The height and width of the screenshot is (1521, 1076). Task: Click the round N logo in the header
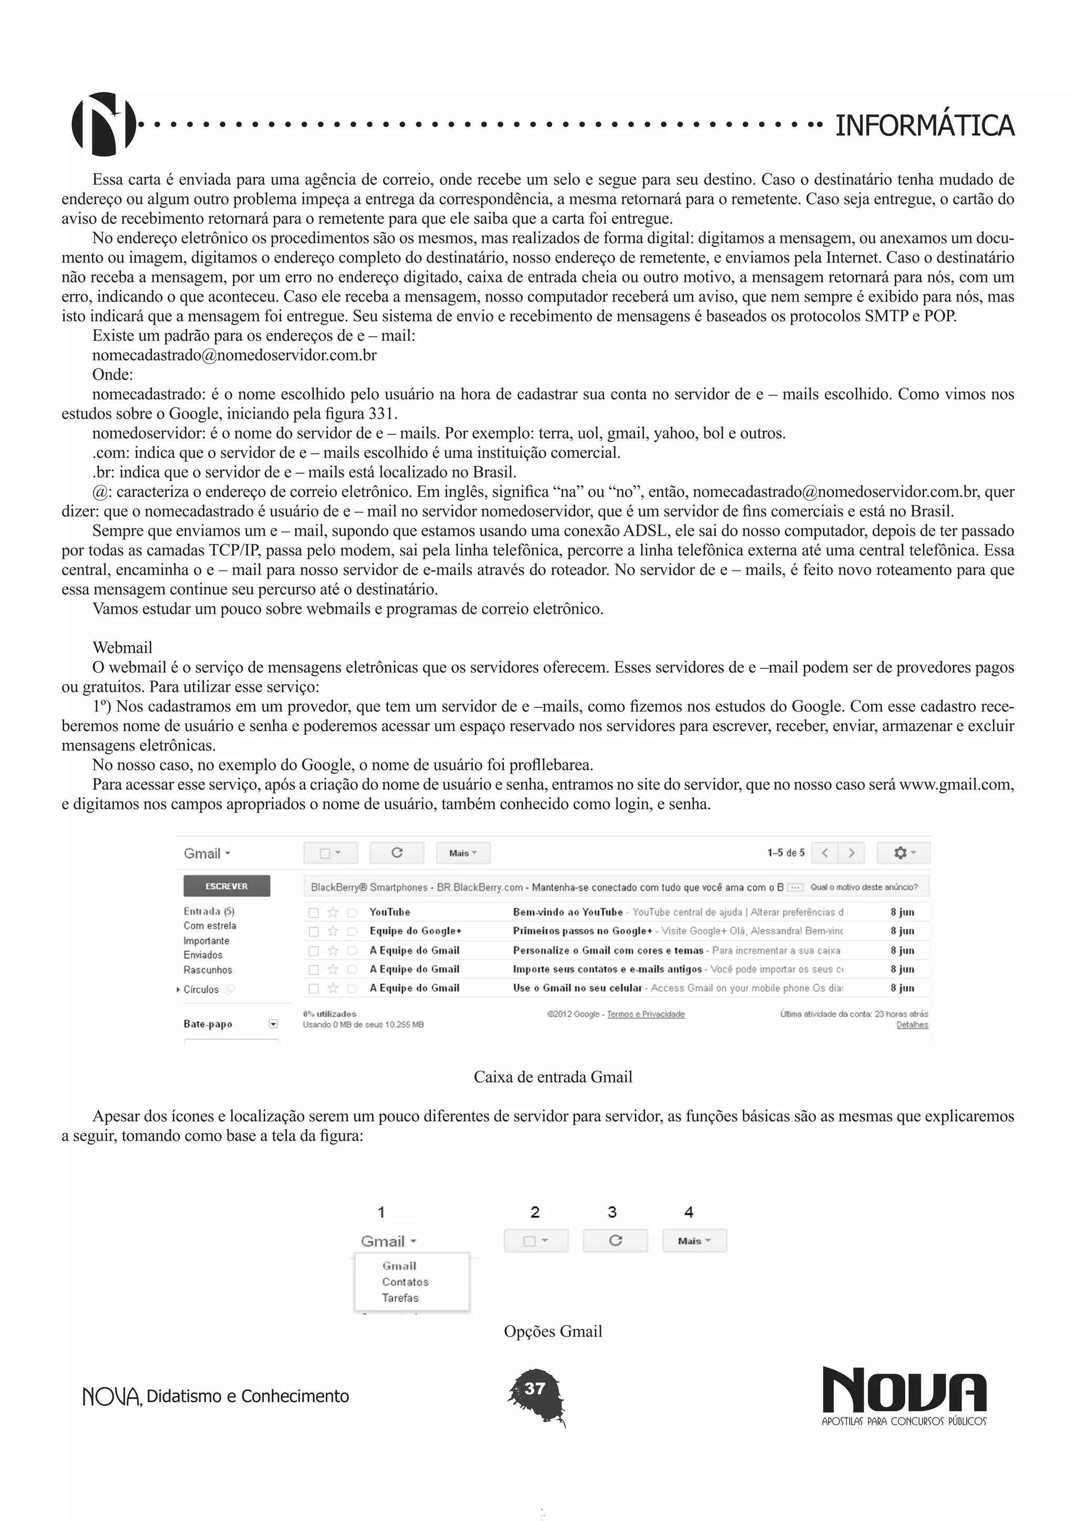click(x=104, y=124)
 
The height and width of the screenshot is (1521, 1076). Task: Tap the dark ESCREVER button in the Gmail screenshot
click(x=226, y=885)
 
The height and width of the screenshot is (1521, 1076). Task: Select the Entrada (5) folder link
click(x=209, y=911)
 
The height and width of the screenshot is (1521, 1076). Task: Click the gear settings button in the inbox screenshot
click(x=903, y=852)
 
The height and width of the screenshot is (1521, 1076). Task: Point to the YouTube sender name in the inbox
click(x=390, y=912)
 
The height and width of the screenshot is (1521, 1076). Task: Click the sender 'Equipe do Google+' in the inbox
click(x=416, y=931)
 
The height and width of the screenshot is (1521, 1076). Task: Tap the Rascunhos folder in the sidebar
click(x=208, y=970)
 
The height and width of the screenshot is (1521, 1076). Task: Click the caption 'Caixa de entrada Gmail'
click(x=553, y=1077)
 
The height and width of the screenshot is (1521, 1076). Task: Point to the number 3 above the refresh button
click(x=612, y=1212)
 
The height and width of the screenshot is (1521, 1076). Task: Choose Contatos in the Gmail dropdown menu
click(x=405, y=1282)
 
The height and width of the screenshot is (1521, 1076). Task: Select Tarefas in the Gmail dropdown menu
click(x=400, y=1298)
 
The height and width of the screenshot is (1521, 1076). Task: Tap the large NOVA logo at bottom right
click(x=904, y=1391)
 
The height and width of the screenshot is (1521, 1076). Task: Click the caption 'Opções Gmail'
click(x=553, y=1331)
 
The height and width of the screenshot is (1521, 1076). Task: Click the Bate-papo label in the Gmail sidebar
click(x=208, y=1024)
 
